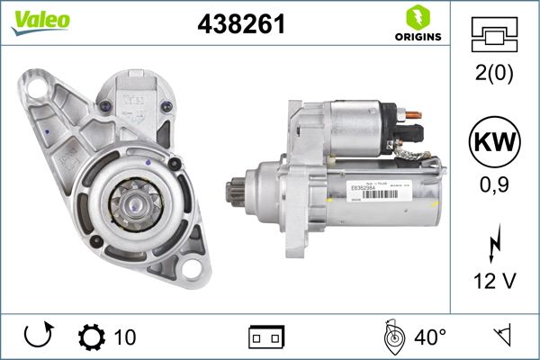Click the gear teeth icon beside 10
pos(92,337)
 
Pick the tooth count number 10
pos(125,337)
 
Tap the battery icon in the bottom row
pos(265,338)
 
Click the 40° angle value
pos(430,337)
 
